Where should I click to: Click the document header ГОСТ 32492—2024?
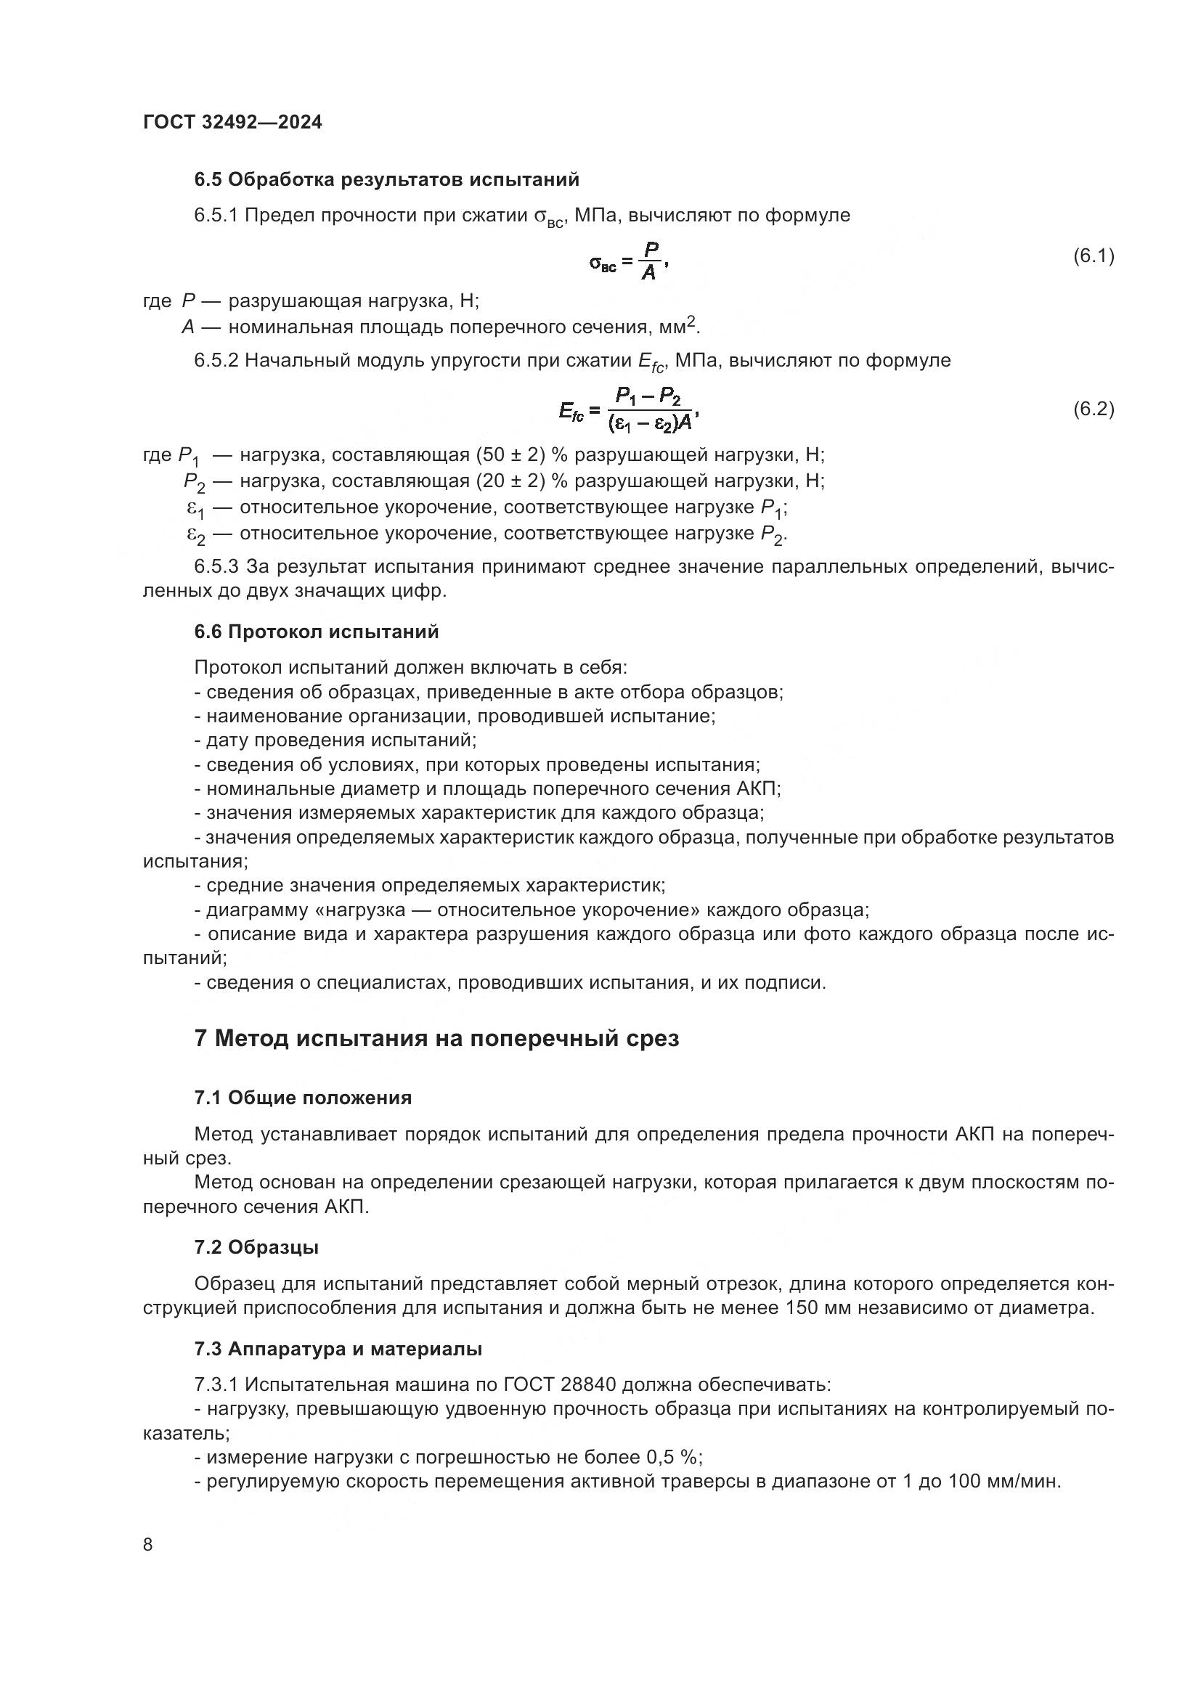tap(232, 122)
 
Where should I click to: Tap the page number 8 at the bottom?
tap(148, 1545)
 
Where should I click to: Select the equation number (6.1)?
tap(1093, 256)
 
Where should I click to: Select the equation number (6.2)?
tap(1093, 409)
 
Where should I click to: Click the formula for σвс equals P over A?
tap(630, 261)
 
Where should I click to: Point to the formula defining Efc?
tap(630, 410)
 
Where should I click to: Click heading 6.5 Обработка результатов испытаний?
tap(386, 180)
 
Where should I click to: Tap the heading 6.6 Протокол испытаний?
tap(317, 632)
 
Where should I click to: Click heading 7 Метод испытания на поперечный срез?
tap(436, 1038)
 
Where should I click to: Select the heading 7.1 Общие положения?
tap(303, 1098)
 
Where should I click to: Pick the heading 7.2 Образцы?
tap(256, 1247)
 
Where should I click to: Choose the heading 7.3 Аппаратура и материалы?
tap(338, 1349)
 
